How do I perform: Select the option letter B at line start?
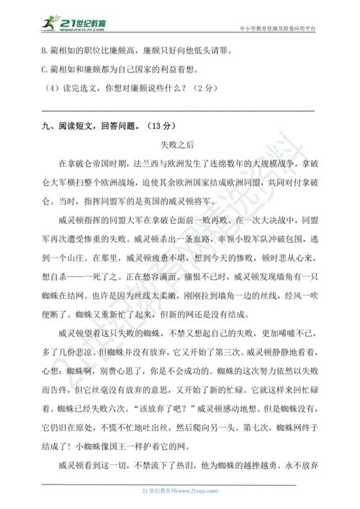[x=45, y=52]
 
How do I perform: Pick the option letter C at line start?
[x=45, y=71]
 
